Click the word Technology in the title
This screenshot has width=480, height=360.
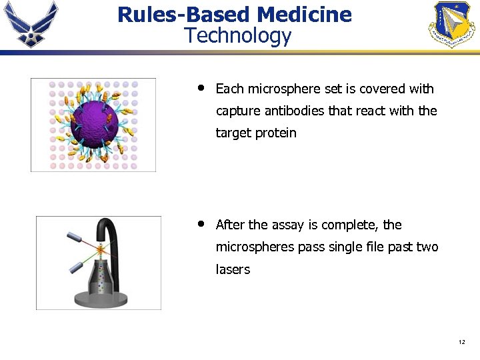(x=238, y=35)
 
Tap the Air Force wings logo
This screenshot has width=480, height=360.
(x=31, y=23)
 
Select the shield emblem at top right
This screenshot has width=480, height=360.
(x=454, y=24)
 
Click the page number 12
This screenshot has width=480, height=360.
(x=461, y=343)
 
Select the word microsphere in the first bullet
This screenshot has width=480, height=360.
(x=285, y=89)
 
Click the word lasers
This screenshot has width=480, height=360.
(x=233, y=270)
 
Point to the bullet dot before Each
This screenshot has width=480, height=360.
(x=200, y=88)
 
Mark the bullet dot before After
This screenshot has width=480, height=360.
(x=200, y=224)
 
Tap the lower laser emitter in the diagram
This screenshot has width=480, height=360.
(x=75, y=269)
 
